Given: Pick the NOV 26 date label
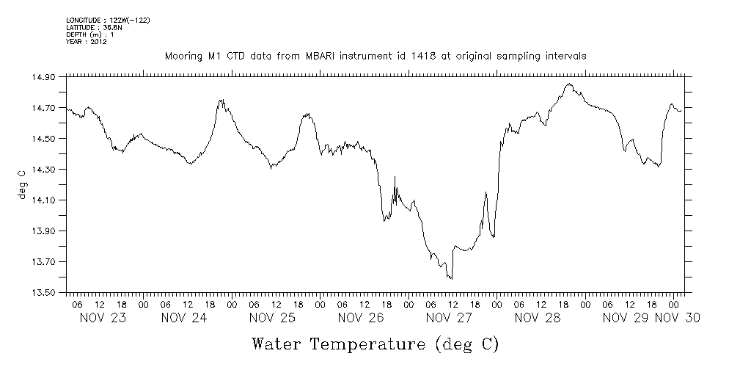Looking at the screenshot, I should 361,318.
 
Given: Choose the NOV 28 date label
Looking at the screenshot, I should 537,318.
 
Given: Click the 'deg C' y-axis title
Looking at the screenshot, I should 23,184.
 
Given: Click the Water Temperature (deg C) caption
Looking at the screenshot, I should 375,344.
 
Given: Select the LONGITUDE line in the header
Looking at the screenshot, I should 108,20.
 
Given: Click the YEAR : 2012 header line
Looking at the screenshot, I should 87,42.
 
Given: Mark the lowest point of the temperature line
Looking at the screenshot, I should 451,279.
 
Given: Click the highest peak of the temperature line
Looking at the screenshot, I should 568,84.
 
